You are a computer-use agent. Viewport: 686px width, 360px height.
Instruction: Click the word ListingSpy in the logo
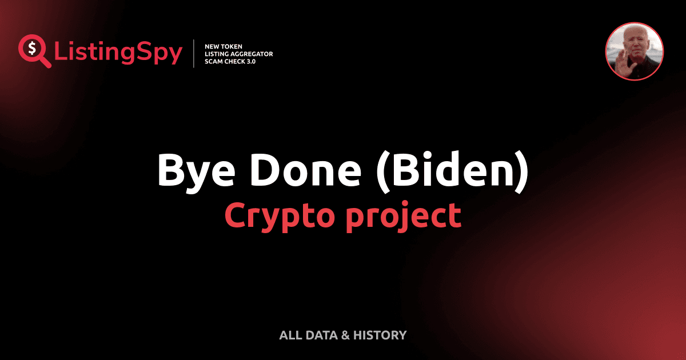pyautogui.click(x=118, y=53)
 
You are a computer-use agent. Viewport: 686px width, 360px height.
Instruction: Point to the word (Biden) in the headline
pyautogui.click(x=452, y=171)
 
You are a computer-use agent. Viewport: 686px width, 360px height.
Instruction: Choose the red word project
pyautogui.click(x=403, y=215)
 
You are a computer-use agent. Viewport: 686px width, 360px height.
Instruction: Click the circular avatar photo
pyautogui.click(x=635, y=52)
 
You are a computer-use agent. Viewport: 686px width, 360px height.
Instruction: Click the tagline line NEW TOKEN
pyautogui.click(x=224, y=46)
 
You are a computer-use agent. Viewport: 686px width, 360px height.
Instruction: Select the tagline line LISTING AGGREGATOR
pyautogui.click(x=238, y=54)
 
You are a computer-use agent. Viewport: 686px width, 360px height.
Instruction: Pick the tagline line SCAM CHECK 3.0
pyautogui.click(x=230, y=62)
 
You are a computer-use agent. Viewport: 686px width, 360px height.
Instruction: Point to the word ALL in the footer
pyautogui.click(x=290, y=335)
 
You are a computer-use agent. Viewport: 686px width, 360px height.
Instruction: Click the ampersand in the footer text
pyautogui.click(x=345, y=335)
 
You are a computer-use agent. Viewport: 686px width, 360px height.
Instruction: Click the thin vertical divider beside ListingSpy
pyautogui.click(x=194, y=54)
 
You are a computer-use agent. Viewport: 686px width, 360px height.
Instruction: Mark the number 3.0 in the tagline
pyautogui.click(x=250, y=62)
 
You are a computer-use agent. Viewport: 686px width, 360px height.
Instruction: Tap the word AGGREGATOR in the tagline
pyautogui.click(x=252, y=54)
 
